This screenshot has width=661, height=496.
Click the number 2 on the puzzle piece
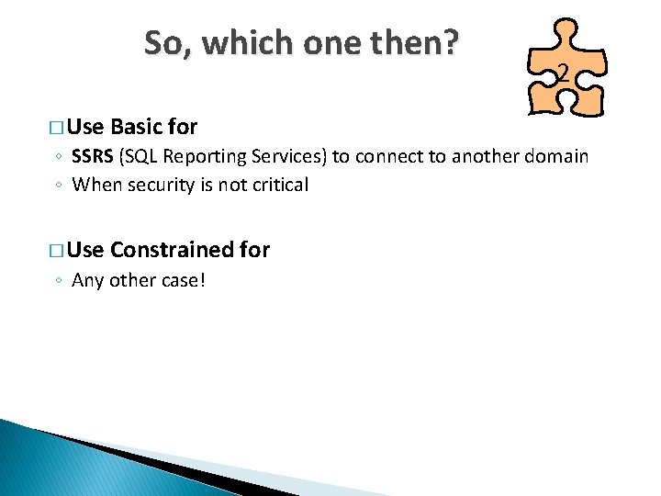(x=563, y=73)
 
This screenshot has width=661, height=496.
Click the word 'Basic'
(x=135, y=127)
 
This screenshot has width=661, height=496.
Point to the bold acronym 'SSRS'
(x=93, y=156)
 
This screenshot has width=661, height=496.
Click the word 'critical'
(x=276, y=185)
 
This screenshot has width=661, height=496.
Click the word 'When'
(x=93, y=185)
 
